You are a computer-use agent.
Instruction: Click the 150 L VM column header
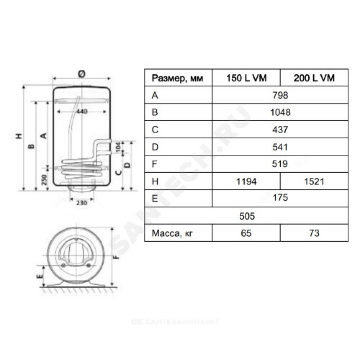click(x=246, y=78)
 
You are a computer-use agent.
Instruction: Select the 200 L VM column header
click(x=314, y=78)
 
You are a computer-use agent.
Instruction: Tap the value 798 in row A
click(x=280, y=95)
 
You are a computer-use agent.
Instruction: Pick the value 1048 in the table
click(x=280, y=112)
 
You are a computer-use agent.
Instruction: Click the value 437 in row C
click(x=280, y=130)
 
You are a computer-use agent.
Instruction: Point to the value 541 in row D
click(x=280, y=147)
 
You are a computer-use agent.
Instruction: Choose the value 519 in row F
click(x=280, y=164)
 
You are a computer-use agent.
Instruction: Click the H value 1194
click(x=246, y=182)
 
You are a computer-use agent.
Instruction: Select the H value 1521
click(x=314, y=182)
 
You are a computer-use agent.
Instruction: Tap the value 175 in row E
click(x=280, y=198)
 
